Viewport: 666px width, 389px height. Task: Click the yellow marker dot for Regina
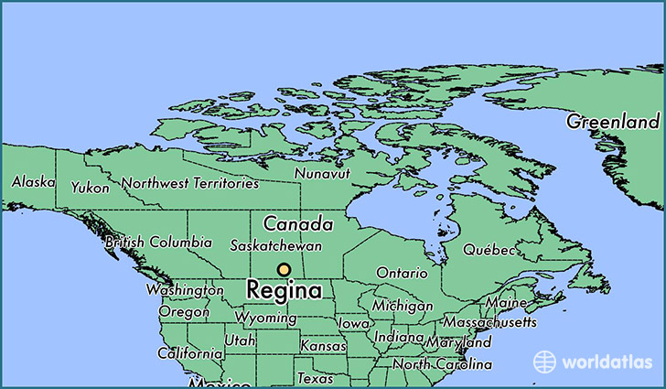pyautogui.click(x=285, y=270)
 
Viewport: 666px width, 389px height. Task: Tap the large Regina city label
pyautogui.click(x=285, y=292)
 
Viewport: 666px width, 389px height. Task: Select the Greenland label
pyautogui.click(x=613, y=122)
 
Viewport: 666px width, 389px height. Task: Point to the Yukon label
pyautogui.click(x=91, y=188)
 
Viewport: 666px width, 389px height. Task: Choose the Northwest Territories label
pyautogui.click(x=190, y=184)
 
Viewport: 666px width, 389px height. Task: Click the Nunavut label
pyautogui.click(x=321, y=173)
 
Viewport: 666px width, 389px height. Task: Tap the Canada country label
pyautogui.click(x=297, y=223)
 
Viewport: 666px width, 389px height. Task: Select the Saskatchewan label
pyautogui.click(x=275, y=247)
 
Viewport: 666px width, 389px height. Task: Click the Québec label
pyautogui.click(x=489, y=250)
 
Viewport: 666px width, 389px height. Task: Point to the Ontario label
pyautogui.click(x=402, y=274)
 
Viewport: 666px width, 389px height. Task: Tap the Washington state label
pyautogui.click(x=184, y=290)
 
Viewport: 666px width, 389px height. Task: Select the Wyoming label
pyautogui.click(x=265, y=319)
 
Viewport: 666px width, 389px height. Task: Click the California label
pyautogui.click(x=189, y=353)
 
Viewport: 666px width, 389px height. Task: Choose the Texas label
pyautogui.click(x=316, y=378)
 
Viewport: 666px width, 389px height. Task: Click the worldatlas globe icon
pyautogui.click(x=545, y=362)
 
